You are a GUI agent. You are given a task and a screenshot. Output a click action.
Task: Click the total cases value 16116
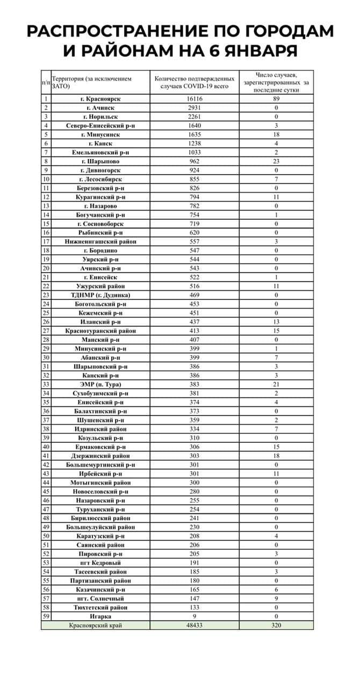(195, 99)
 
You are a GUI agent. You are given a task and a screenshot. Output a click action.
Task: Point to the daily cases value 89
(276, 99)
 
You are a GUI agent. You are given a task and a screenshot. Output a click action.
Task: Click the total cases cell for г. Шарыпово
(195, 161)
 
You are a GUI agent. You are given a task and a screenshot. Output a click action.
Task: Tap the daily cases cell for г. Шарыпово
(276, 161)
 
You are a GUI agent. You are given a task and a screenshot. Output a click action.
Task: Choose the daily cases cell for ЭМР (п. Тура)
(276, 384)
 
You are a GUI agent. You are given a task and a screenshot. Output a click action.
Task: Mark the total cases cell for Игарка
(195, 617)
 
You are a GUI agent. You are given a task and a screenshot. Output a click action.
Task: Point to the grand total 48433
(195, 626)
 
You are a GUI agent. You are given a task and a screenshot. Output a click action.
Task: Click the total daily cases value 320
(276, 626)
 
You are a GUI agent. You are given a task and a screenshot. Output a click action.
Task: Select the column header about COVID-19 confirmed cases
(195, 82)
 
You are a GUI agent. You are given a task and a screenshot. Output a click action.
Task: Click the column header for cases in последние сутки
(276, 82)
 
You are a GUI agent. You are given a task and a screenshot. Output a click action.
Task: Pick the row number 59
(46, 617)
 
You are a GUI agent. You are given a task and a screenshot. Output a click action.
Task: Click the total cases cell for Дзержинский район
(195, 456)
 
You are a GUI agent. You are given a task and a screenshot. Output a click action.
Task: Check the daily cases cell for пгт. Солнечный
(276, 599)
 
